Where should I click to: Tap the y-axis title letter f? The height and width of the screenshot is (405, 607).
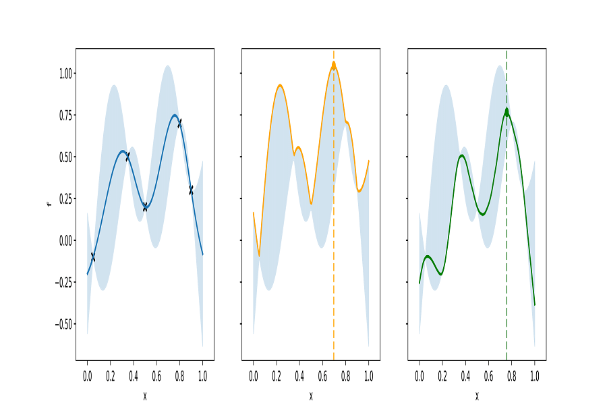click(49, 203)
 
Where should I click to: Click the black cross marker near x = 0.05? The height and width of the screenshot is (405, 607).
click(92, 256)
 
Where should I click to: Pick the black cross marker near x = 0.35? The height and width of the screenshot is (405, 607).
click(127, 157)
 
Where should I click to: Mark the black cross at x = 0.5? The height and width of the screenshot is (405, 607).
click(145, 207)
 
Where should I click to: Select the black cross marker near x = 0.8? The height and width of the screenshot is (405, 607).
click(179, 123)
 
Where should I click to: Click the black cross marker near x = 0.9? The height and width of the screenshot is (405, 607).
click(191, 190)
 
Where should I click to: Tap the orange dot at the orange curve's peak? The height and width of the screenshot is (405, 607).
click(333, 65)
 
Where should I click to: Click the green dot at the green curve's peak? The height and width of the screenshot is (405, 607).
click(507, 112)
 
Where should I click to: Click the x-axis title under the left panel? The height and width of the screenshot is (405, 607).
click(145, 396)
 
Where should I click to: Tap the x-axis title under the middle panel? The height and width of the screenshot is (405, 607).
click(311, 396)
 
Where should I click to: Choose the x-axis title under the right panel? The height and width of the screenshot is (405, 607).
click(477, 396)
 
